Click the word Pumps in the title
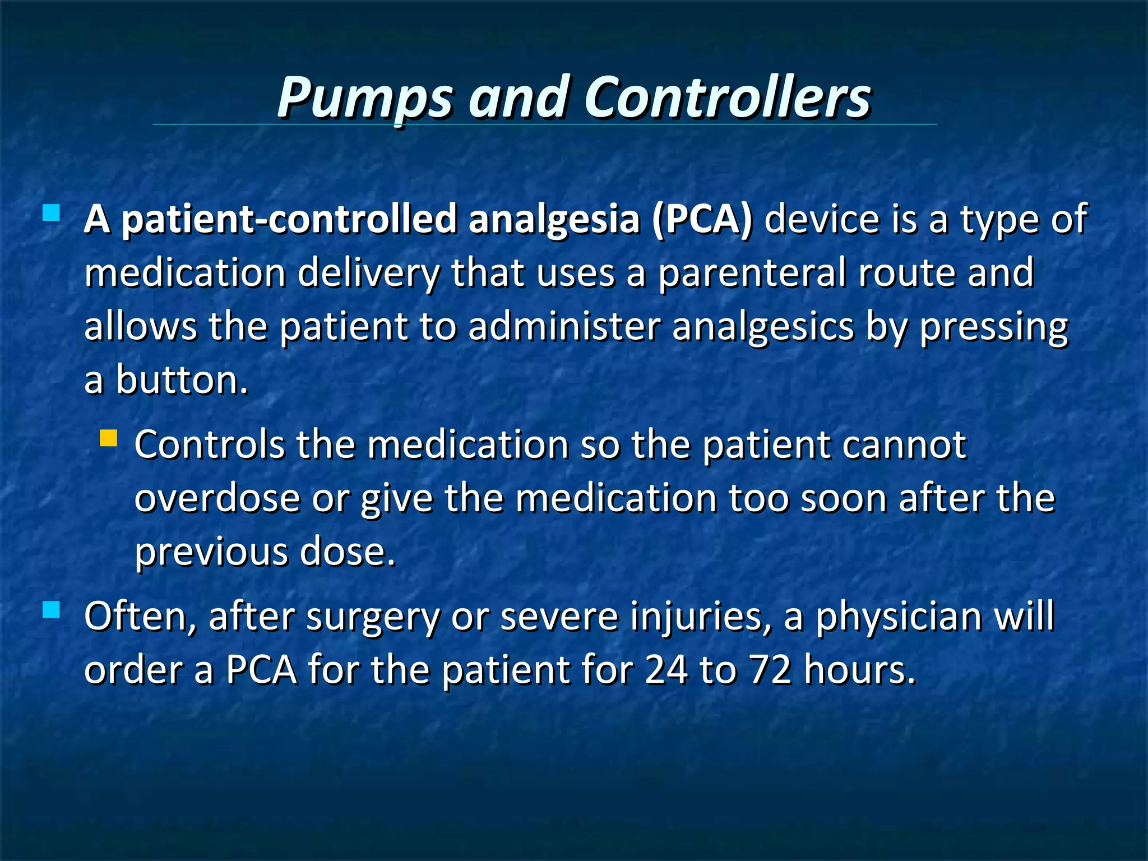[364, 98]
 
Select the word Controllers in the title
[727, 98]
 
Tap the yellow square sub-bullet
[108, 438]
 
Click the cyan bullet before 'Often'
[51, 609]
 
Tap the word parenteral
[751, 273]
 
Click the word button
[182, 379]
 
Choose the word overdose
[217, 498]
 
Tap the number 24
[666, 670]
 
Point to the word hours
[859, 670]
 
